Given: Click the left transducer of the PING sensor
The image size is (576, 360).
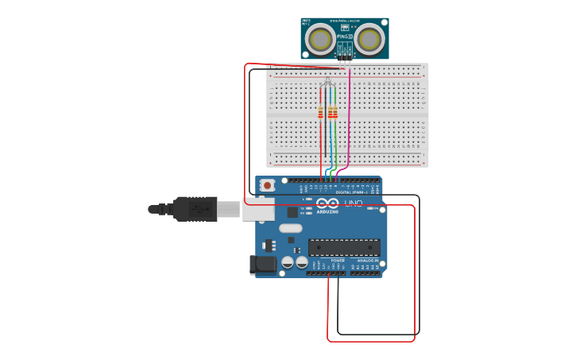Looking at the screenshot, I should click(x=321, y=39).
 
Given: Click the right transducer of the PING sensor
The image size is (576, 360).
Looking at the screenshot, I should click(x=369, y=39).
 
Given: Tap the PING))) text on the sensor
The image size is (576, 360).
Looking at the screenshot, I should click(x=345, y=37).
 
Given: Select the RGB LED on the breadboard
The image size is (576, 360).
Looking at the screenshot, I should click(x=328, y=83).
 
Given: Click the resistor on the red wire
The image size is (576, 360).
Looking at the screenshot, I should click(x=321, y=112).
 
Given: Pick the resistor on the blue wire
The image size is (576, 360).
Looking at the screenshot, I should click(x=331, y=112).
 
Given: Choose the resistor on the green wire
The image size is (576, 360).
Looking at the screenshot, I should click(x=335, y=112).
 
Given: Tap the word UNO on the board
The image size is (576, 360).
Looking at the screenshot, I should click(x=353, y=203).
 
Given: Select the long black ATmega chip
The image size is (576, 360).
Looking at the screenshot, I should click(x=343, y=247).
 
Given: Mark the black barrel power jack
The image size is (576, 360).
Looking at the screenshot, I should click(x=263, y=265).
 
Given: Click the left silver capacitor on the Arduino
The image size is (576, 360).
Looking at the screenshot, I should click(x=288, y=261).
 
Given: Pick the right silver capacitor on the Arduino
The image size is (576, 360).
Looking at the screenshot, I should click(x=302, y=261).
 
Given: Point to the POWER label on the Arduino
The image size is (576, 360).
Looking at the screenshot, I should click(x=338, y=260).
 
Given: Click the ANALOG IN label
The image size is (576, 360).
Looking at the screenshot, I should click(x=367, y=260).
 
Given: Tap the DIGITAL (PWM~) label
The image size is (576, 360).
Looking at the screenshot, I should click(x=350, y=192).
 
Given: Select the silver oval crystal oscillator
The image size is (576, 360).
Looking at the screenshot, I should click(x=290, y=228).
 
